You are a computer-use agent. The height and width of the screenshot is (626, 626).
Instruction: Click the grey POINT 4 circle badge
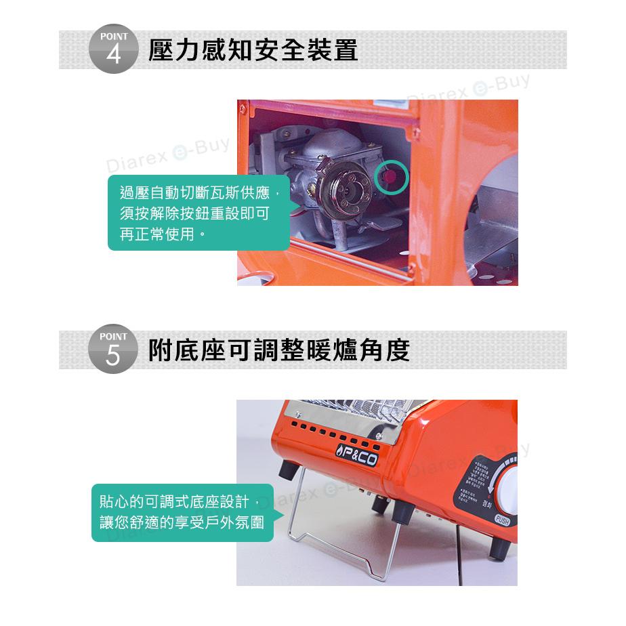(113, 51)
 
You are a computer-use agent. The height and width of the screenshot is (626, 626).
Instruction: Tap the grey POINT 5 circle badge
(113, 351)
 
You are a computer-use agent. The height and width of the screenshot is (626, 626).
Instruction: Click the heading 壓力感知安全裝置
(253, 51)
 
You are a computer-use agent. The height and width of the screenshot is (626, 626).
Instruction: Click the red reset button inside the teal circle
(390, 176)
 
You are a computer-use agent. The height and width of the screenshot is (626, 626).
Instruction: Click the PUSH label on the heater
(502, 520)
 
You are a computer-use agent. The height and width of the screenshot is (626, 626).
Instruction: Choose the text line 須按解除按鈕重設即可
(194, 214)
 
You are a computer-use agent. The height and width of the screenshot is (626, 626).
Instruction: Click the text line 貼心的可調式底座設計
(174, 502)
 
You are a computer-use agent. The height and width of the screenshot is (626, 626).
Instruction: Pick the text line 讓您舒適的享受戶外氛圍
(182, 524)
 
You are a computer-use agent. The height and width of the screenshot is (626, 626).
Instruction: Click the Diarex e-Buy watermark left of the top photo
(167, 155)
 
